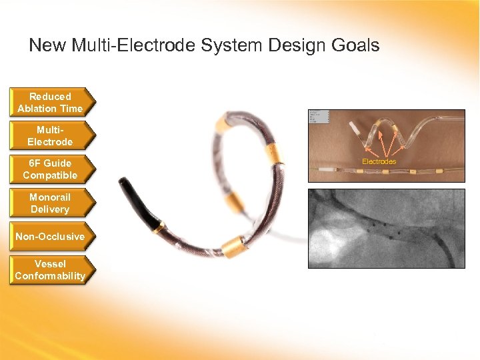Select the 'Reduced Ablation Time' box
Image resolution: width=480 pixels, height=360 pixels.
click(51, 103)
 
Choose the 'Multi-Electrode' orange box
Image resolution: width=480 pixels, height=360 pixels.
click(51, 136)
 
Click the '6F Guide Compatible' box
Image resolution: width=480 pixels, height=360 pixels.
click(51, 169)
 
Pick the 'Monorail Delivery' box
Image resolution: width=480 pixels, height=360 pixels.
click(51, 203)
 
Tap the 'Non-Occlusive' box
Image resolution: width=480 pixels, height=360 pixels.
click(51, 237)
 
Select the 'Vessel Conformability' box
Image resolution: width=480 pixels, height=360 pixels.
click(51, 270)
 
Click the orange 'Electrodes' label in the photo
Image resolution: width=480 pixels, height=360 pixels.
click(379, 161)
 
